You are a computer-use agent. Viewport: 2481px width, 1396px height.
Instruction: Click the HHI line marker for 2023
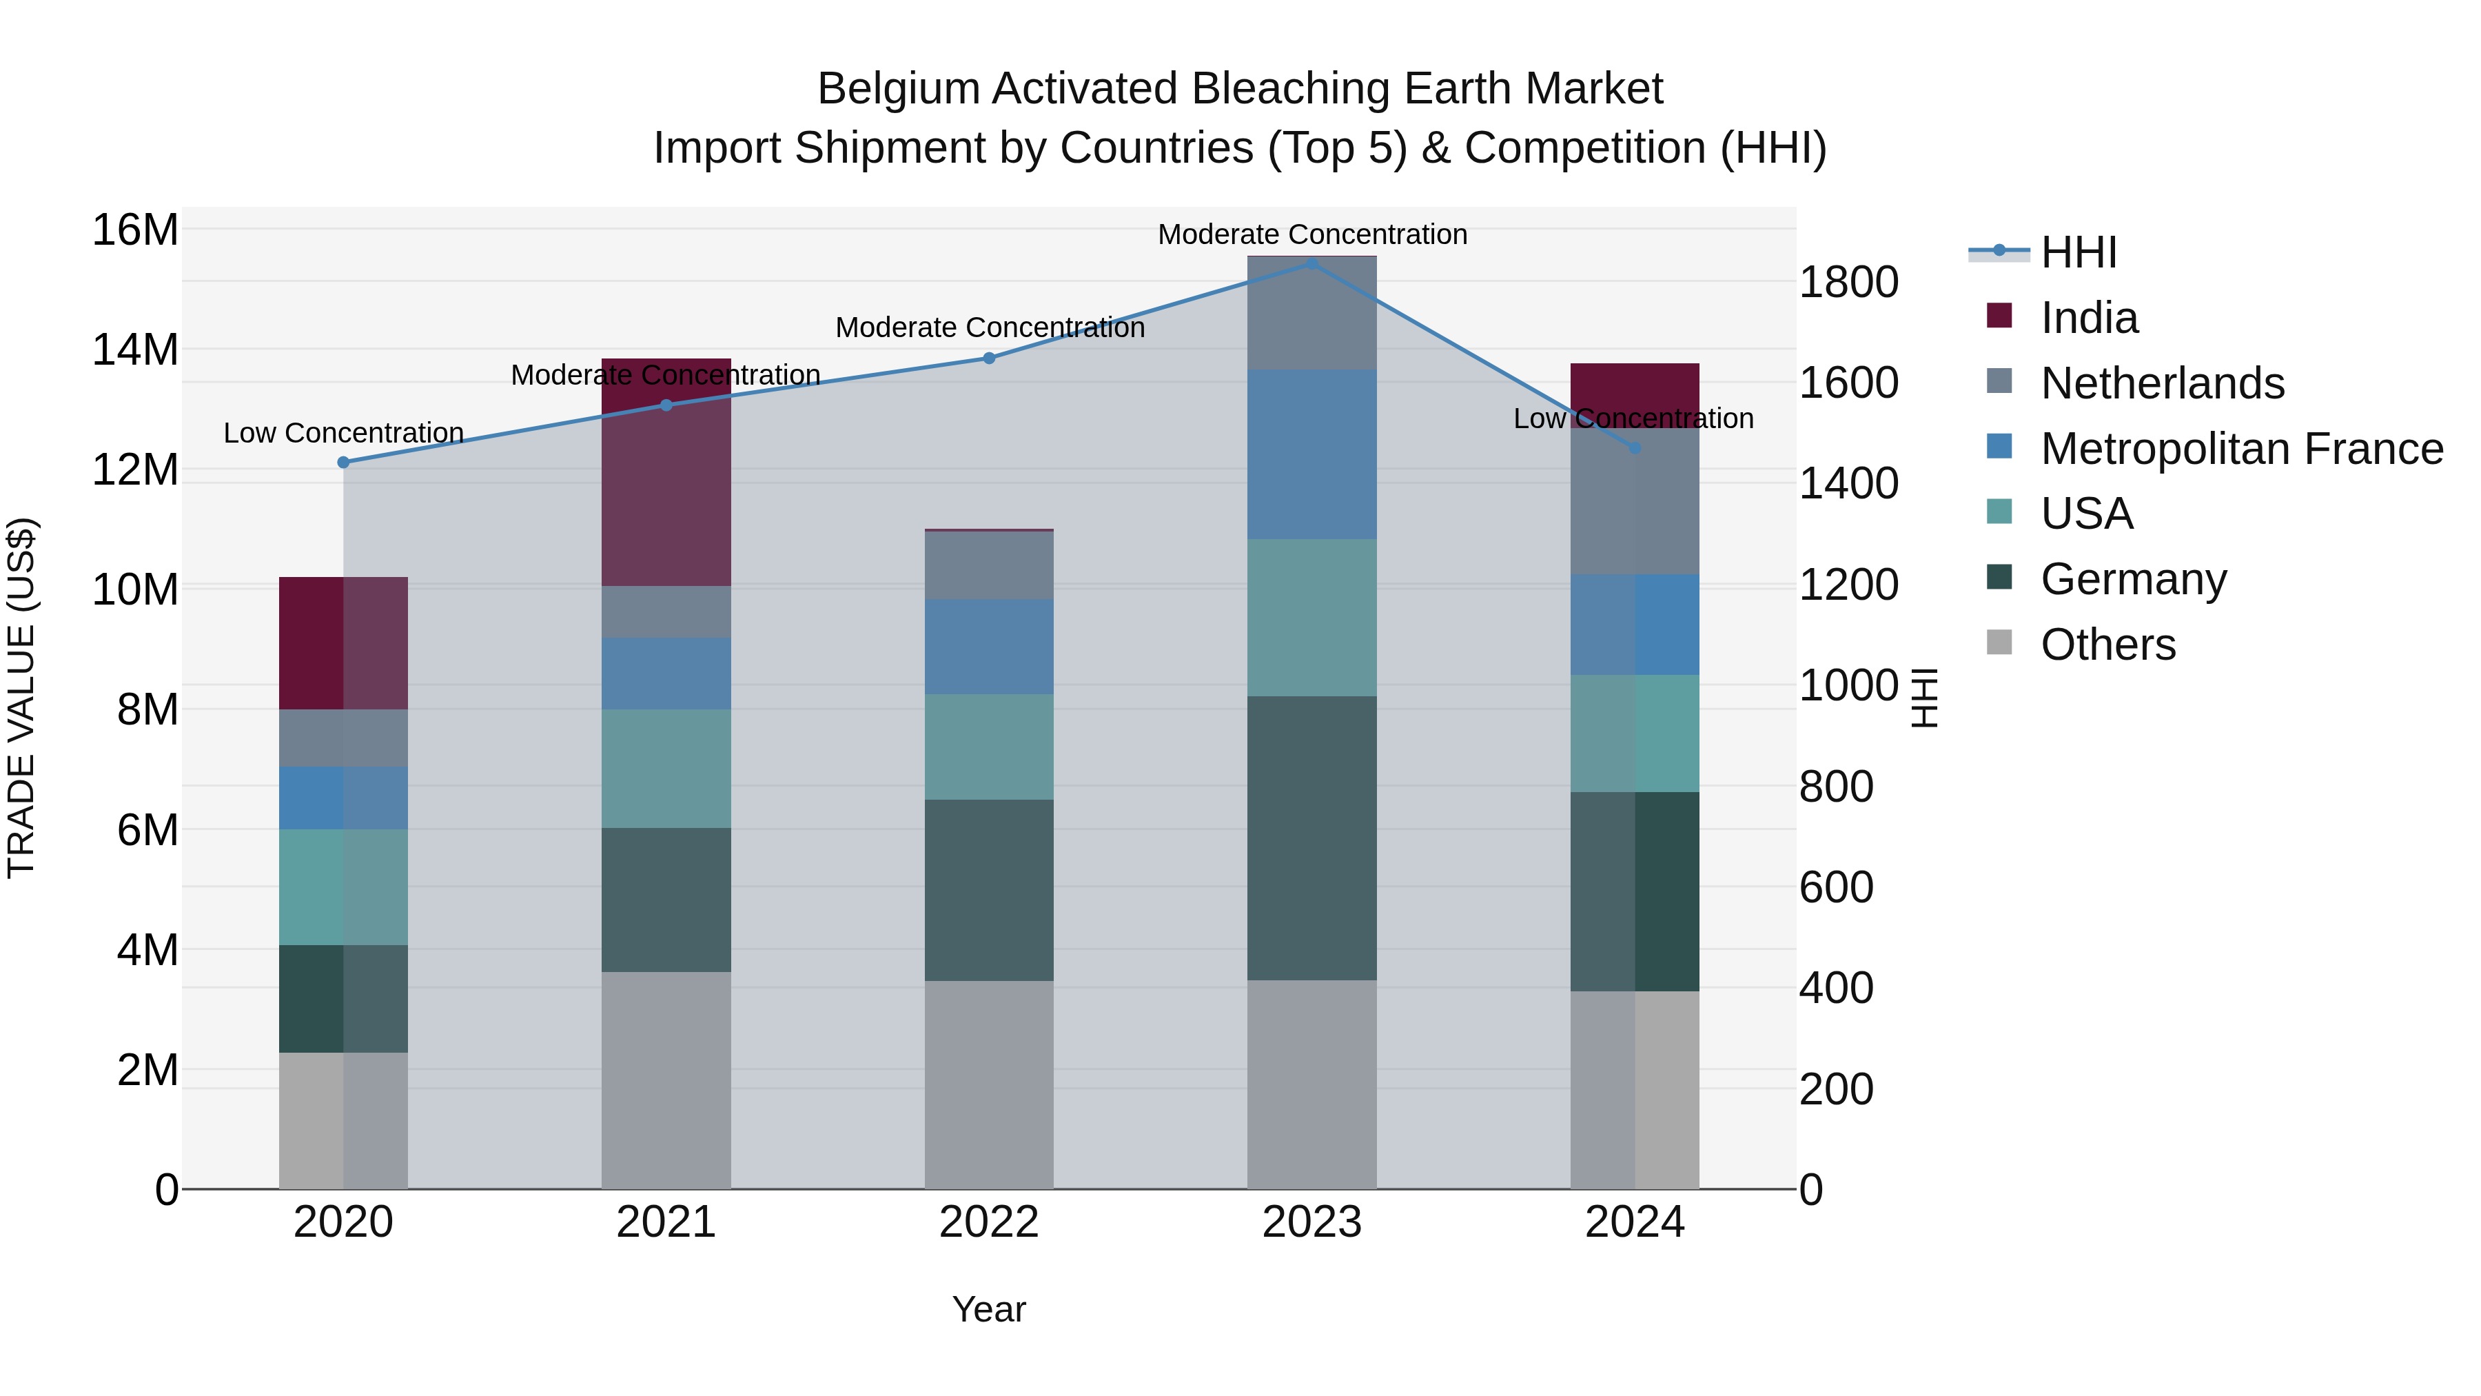pyautogui.click(x=1311, y=263)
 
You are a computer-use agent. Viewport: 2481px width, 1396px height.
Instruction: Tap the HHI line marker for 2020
pyautogui.click(x=344, y=463)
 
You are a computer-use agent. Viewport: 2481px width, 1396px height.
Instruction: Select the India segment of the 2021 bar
pyautogui.click(x=666, y=482)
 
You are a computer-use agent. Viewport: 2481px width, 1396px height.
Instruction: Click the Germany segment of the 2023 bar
pyautogui.click(x=1311, y=838)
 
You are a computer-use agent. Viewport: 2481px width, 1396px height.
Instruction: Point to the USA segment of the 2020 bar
pyautogui.click(x=344, y=887)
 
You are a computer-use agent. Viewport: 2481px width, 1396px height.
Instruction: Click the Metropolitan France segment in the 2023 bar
pyautogui.click(x=1311, y=454)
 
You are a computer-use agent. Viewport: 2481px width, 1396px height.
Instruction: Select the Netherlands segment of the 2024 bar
pyautogui.click(x=1635, y=501)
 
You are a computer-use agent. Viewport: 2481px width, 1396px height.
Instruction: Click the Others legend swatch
pyautogui.click(x=1999, y=643)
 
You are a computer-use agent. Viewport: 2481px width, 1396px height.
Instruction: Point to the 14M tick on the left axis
pyautogui.click(x=135, y=350)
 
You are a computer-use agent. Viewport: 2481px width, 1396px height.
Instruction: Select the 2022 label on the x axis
pyautogui.click(x=989, y=1222)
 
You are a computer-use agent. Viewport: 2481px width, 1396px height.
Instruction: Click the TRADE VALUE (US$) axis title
pyautogui.click(x=21, y=698)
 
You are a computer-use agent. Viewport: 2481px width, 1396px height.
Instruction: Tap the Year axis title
pyautogui.click(x=989, y=1309)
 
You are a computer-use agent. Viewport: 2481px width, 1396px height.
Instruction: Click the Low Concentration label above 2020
pyautogui.click(x=344, y=434)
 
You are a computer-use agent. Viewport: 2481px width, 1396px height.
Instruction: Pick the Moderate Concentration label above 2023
pyautogui.click(x=1311, y=234)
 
